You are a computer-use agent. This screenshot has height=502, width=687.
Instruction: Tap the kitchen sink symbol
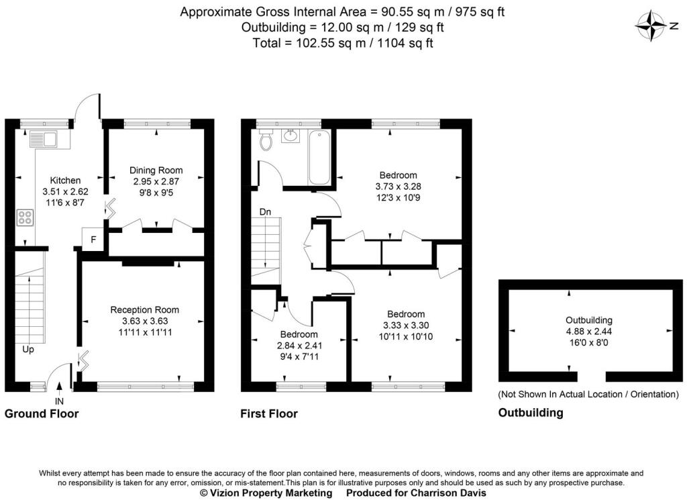(44, 140)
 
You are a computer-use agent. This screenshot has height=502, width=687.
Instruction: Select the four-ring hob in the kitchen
(25, 217)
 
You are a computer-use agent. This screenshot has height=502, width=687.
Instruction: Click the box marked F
(93, 240)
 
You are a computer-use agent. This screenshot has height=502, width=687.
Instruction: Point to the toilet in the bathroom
(265, 140)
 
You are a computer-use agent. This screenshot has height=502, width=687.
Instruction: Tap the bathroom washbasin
(291, 136)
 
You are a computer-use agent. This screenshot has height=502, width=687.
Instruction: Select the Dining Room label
(156, 170)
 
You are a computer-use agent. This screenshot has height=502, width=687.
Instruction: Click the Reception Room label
(145, 309)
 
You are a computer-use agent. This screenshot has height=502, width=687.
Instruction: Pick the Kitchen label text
(66, 180)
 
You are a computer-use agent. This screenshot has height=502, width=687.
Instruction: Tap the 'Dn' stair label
(265, 212)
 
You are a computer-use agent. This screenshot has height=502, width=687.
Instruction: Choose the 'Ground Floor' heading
(42, 413)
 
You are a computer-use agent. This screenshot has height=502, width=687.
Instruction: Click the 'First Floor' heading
(268, 413)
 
